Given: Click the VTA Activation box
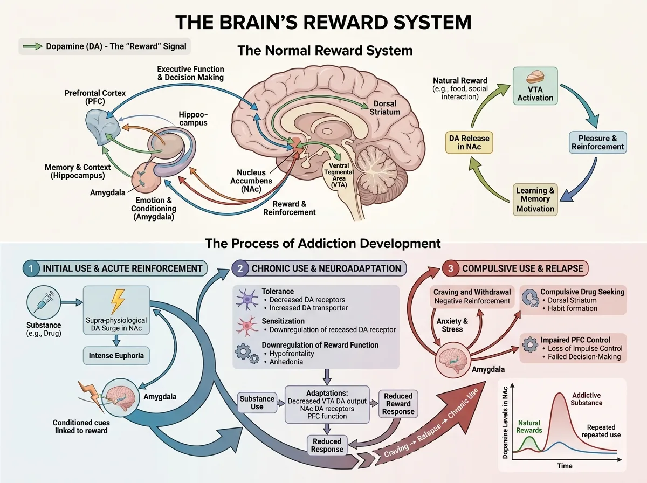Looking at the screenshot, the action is pyautogui.click(x=535, y=86).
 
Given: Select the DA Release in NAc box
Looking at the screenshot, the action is pyautogui.click(x=469, y=142).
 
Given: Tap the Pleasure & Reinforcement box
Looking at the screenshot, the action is pyautogui.click(x=597, y=142).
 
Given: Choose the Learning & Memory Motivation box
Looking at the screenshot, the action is pyautogui.click(x=535, y=200).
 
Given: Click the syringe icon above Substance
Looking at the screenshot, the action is pyautogui.click(x=44, y=302).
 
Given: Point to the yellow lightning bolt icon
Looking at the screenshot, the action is pyautogui.click(x=118, y=301).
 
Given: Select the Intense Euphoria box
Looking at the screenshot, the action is pyautogui.click(x=116, y=356).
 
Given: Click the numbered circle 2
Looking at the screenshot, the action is pyautogui.click(x=240, y=268).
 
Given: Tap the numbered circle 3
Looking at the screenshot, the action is pyautogui.click(x=450, y=268).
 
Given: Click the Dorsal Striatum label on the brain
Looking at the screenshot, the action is pyautogui.click(x=384, y=108).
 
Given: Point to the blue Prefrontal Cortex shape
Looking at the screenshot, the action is pyautogui.click(x=102, y=128).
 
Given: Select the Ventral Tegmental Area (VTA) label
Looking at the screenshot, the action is pyautogui.click(x=339, y=175).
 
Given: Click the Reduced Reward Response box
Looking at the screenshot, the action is pyautogui.click(x=398, y=404).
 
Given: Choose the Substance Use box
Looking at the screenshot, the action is pyautogui.click(x=257, y=403).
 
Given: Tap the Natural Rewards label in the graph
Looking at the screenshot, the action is pyautogui.click(x=529, y=427).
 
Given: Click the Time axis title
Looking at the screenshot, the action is pyautogui.click(x=565, y=466).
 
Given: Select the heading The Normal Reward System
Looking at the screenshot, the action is pyautogui.click(x=325, y=50).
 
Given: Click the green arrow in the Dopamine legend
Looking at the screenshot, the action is pyautogui.click(x=32, y=46).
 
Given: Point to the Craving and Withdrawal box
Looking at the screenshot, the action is pyautogui.click(x=472, y=296).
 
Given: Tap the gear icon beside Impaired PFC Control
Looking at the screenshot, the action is pyautogui.click(x=530, y=344).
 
